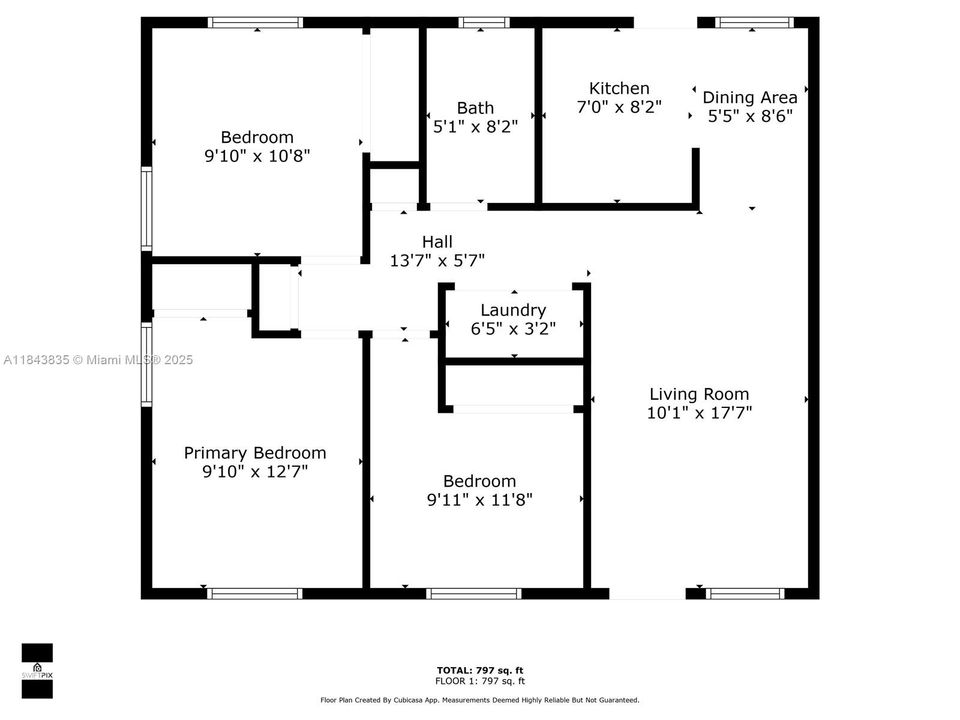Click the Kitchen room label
(619, 89)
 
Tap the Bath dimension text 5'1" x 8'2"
(475, 127)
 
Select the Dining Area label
(750, 97)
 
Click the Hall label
(437, 242)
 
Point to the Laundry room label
(513, 310)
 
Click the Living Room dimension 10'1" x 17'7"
(699, 412)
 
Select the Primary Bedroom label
(255, 453)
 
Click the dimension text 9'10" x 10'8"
(257, 156)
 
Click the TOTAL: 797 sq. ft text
(480, 670)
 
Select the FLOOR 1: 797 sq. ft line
(480, 680)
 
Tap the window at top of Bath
(483, 22)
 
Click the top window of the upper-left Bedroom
(256, 22)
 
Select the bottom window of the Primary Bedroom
(255, 593)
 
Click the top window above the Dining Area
(755, 22)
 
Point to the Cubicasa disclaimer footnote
(480, 700)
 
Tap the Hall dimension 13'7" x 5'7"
(437, 261)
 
